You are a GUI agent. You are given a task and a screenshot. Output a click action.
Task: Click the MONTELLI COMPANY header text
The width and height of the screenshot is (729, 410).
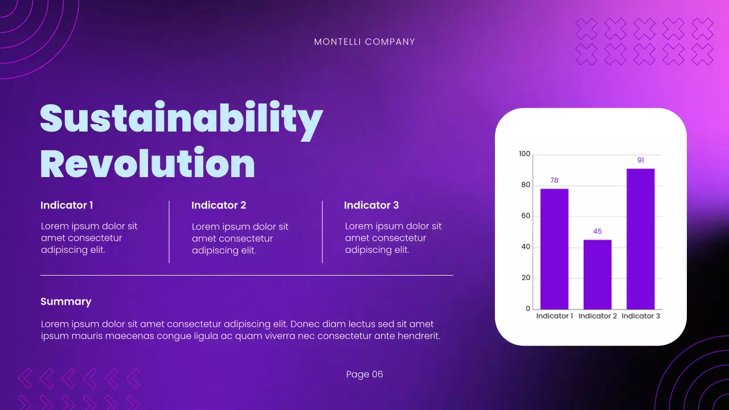coord(364,42)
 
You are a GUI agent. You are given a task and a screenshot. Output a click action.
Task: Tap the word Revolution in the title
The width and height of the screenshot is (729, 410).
coord(148,163)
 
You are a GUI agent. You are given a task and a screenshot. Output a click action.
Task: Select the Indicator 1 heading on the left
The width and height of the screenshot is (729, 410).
coord(67,205)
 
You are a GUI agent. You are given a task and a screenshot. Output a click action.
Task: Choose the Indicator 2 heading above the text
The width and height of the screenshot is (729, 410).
coord(219,205)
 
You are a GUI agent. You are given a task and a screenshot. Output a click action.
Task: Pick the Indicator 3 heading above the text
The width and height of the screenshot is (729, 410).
coord(371,205)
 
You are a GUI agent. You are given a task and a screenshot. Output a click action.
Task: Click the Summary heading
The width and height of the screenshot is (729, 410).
coord(66,302)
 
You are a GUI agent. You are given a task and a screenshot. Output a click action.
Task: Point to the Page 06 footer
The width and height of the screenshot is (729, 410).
coord(364,374)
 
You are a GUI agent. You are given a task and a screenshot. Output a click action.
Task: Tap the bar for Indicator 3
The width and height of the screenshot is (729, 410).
coord(641,239)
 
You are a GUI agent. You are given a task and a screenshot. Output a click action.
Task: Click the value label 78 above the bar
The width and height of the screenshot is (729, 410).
coord(554,181)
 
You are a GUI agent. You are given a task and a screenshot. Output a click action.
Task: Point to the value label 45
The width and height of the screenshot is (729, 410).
coord(597,231)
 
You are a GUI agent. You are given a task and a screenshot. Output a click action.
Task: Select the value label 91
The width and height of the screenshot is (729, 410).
coord(641,160)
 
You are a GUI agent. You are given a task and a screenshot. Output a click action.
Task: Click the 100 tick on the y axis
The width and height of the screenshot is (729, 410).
coord(525,154)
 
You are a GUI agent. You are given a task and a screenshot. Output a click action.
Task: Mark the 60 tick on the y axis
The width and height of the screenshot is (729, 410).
coord(526,216)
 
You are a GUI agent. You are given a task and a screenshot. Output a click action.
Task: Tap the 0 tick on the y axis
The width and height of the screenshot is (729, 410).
coord(528,309)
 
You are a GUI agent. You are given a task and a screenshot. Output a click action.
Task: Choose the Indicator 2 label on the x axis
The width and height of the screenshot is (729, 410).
coord(597,316)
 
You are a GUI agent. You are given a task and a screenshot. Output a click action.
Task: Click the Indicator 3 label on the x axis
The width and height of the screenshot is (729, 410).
coord(641,316)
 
